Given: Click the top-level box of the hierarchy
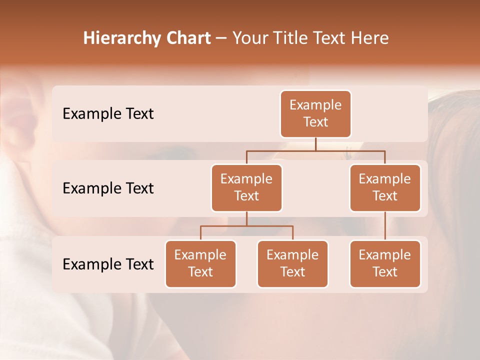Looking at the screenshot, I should tap(315, 113).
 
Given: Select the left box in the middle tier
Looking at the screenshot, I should tap(246, 187).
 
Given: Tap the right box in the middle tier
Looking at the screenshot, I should tap(385, 187).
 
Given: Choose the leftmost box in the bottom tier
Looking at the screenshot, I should tap(200, 263).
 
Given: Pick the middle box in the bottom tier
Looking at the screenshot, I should tap(292, 263).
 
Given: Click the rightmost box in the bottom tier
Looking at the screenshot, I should tap(385, 263).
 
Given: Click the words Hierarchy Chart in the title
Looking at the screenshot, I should tap(147, 38).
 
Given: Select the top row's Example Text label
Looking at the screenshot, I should tap(108, 113).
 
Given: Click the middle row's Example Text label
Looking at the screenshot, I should tap(108, 188).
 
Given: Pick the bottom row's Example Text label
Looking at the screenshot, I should tap(108, 264).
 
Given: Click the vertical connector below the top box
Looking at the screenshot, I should tap(315, 144).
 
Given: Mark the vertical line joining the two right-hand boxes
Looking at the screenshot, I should tap(385, 226).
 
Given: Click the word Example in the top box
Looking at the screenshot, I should tap(315, 105).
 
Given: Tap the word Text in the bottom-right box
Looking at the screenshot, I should tap(385, 272).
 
